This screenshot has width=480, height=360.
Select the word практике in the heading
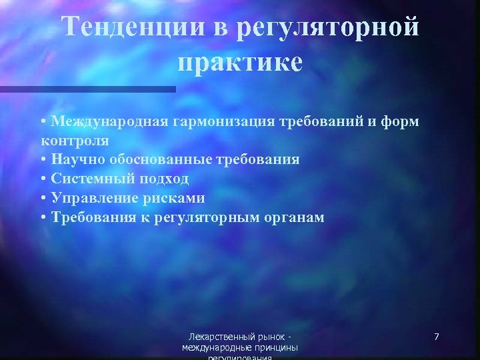point(240,63)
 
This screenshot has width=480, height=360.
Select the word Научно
point(76,160)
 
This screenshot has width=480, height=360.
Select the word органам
point(293,217)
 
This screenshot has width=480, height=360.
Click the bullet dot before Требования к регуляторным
point(43,217)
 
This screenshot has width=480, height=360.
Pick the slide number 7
point(436,337)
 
